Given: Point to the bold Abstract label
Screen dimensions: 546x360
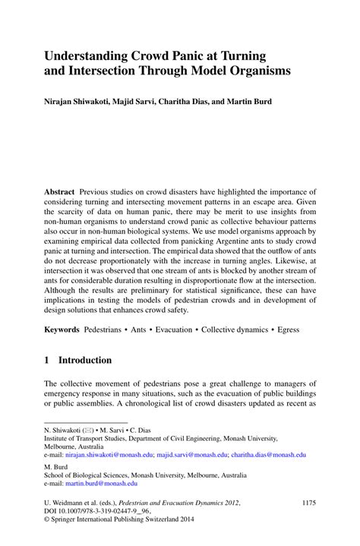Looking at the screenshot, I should [59, 192].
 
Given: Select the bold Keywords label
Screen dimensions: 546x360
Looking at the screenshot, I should [62, 330].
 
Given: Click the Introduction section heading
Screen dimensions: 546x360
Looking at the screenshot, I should [85, 360].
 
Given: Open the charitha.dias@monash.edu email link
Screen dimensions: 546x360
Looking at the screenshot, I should [269, 454].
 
